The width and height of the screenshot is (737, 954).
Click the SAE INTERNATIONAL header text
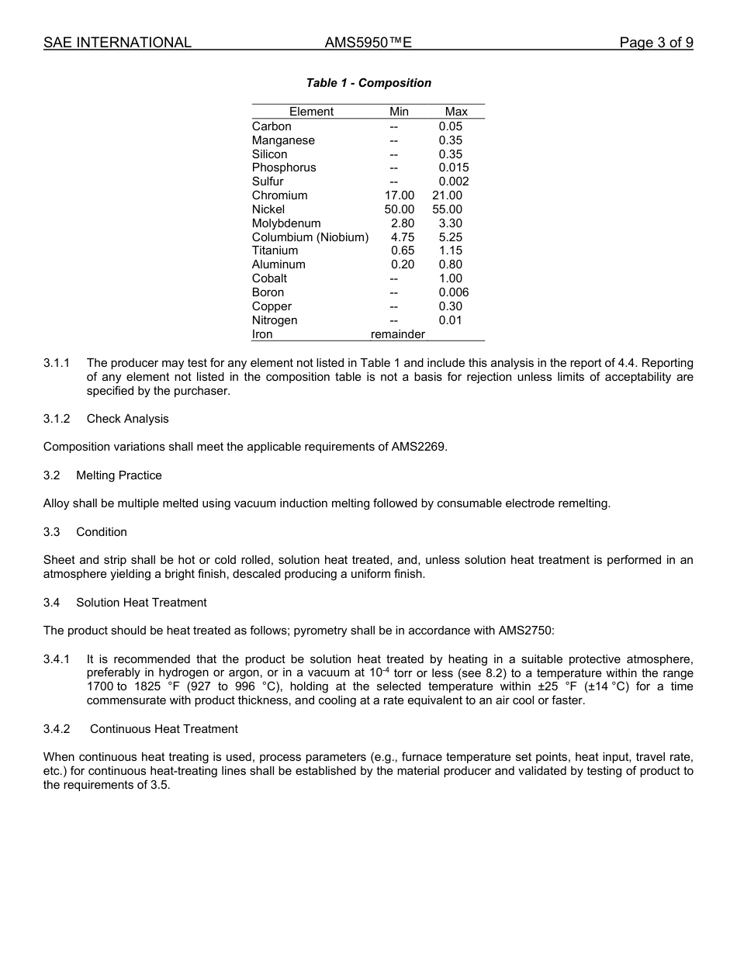(x=117, y=43)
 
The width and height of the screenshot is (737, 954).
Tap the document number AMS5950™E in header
(x=368, y=43)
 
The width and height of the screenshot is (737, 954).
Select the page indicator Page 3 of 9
(x=656, y=43)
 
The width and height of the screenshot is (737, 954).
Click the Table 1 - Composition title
(x=368, y=83)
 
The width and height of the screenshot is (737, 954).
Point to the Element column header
(x=311, y=112)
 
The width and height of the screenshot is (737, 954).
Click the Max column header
(x=456, y=112)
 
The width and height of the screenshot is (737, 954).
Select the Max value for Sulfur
(x=453, y=181)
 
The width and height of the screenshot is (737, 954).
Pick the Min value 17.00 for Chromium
(x=400, y=195)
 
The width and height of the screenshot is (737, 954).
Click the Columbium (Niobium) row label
(x=310, y=237)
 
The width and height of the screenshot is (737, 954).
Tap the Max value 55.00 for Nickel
(x=447, y=209)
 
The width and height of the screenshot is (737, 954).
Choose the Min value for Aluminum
(x=403, y=264)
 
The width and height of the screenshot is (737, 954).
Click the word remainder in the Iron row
(x=398, y=334)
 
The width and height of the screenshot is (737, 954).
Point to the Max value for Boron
(x=453, y=292)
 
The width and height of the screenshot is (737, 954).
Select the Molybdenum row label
(x=286, y=223)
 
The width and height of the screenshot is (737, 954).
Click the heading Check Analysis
(x=127, y=419)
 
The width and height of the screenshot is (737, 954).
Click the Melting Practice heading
(x=119, y=475)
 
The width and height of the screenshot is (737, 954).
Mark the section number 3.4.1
(x=57, y=659)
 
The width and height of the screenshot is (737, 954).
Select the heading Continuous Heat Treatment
(x=164, y=729)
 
